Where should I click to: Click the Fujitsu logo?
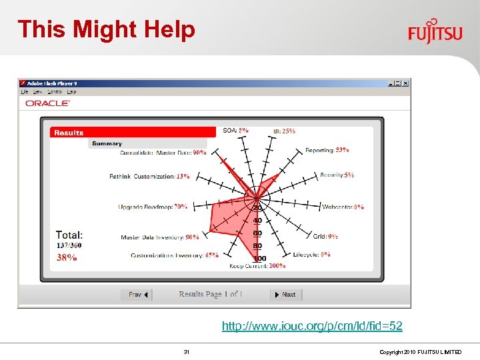click(x=435, y=31)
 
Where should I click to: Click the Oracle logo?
click(x=47, y=103)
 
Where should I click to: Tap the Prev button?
click(x=137, y=294)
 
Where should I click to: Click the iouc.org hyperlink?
click(x=312, y=326)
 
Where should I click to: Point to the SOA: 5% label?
click(x=236, y=131)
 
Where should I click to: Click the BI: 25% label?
click(x=284, y=131)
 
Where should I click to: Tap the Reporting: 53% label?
click(x=327, y=150)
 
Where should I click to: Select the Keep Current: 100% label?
click(x=257, y=265)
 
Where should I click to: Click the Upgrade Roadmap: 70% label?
click(x=153, y=207)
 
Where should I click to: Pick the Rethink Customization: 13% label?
click(x=149, y=177)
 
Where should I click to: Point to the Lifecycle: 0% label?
click(x=311, y=254)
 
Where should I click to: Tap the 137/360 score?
click(x=69, y=245)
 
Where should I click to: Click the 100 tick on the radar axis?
click(x=259, y=258)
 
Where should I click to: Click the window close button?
click(x=405, y=83)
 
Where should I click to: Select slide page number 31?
click(x=187, y=351)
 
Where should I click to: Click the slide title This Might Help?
click(x=107, y=29)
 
